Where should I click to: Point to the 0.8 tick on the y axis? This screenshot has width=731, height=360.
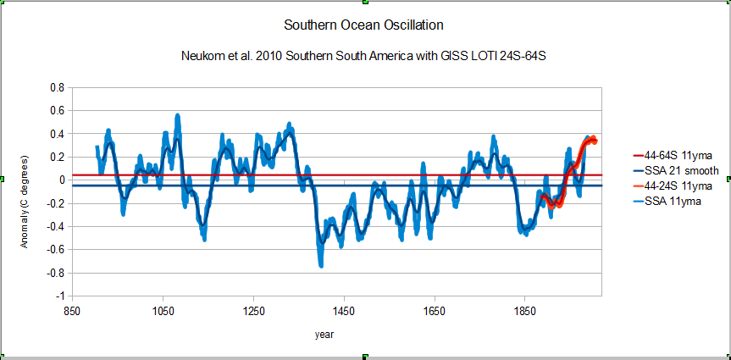58,87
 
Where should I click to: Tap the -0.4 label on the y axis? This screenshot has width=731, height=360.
56,227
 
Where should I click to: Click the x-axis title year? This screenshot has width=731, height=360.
324,335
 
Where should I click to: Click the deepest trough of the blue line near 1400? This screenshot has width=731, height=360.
321,265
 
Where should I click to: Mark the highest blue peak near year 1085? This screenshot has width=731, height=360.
178,115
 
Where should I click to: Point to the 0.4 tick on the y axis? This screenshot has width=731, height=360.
58,134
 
